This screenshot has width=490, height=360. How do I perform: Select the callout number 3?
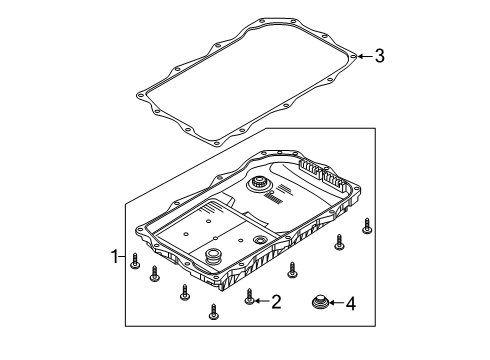(379, 57)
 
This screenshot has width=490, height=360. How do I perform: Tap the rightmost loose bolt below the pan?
(368, 224)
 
